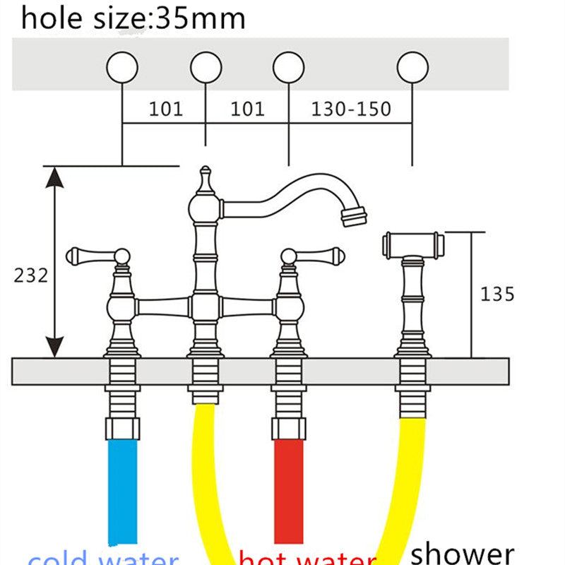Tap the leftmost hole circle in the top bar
coord(122,67)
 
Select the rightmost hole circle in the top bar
coord(412,67)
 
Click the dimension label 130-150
coord(351,109)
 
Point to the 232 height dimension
coord(31,275)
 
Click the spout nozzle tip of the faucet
coord(353,215)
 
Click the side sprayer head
coord(413,245)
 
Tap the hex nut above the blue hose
coord(122,428)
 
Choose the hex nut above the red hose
coord(288,428)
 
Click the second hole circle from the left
coord(206,67)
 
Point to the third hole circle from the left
coord(288,67)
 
